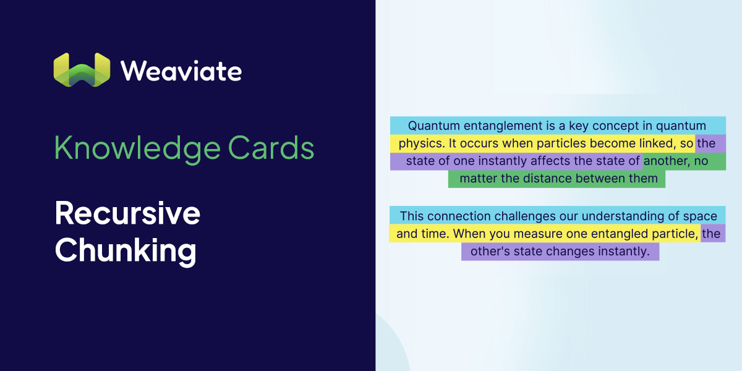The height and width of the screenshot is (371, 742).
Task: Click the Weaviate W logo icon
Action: pyautogui.click(x=82, y=70)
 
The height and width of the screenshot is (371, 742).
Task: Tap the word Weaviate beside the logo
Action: pyautogui.click(x=181, y=71)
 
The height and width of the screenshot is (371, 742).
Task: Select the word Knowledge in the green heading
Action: pyautogui.click(x=137, y=148)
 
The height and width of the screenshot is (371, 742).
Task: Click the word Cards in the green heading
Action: pyautogui.click(x=271, y=148)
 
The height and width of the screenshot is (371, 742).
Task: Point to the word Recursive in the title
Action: pyautogui.click(x=127, y=213)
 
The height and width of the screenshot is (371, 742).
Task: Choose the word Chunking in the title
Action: pyautogui.click(x=126, y=251)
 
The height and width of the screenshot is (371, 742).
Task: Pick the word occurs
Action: pyautogui.click(x=479, y=143)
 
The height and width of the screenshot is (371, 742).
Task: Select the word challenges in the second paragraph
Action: pyautogui.click(x=525, y=216)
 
